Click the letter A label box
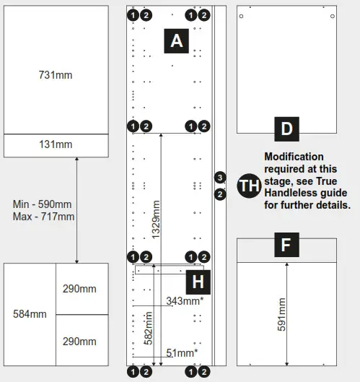click(x=177, y=42)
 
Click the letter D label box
click(x=286, y=129)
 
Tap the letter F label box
click(x=286, y=246)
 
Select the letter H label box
click(x=197, y=280)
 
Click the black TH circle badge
click(x=249, y=186)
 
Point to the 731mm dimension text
click(x=56, y=74)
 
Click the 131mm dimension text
click(x=56, y=144)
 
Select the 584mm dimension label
click(x=30, y=314)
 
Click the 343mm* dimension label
click(x=184, y=301)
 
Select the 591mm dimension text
click(x=282, y=315)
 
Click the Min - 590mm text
click(x=43, y=204)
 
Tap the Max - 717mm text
click(x=43, y=216)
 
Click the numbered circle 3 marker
click(x=220, y=177)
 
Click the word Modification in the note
click(x=294, y=157)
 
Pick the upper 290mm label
click(x=79, y=289)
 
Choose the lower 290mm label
click(x=79, y=341)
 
